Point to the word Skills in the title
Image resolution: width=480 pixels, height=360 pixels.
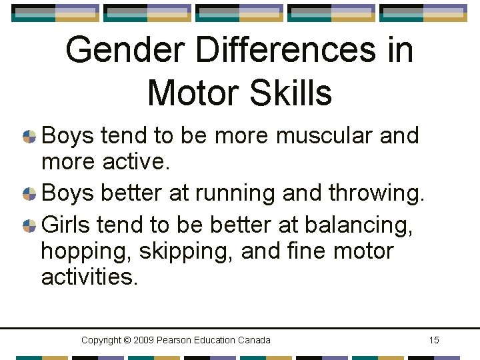(296, 93)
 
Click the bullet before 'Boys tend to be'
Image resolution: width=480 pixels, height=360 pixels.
(29, 137)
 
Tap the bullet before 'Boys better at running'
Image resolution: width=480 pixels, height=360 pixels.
(29, 194)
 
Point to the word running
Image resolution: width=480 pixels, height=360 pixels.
(233, 194)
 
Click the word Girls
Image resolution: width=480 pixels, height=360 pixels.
(65, 225)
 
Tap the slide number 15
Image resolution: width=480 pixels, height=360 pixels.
(433, 341)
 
